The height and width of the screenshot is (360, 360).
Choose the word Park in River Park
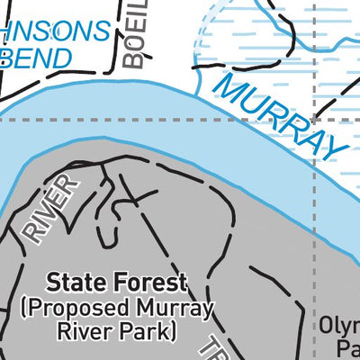tap(148, 332)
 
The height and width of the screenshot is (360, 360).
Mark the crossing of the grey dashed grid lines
tap(314, 119)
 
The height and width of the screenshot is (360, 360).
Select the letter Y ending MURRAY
tap(336, 148)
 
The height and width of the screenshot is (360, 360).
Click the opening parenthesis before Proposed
tap(22, 310)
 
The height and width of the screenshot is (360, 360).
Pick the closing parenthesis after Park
tap(171, 333)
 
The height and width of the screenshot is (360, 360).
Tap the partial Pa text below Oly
tap(347, 347)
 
